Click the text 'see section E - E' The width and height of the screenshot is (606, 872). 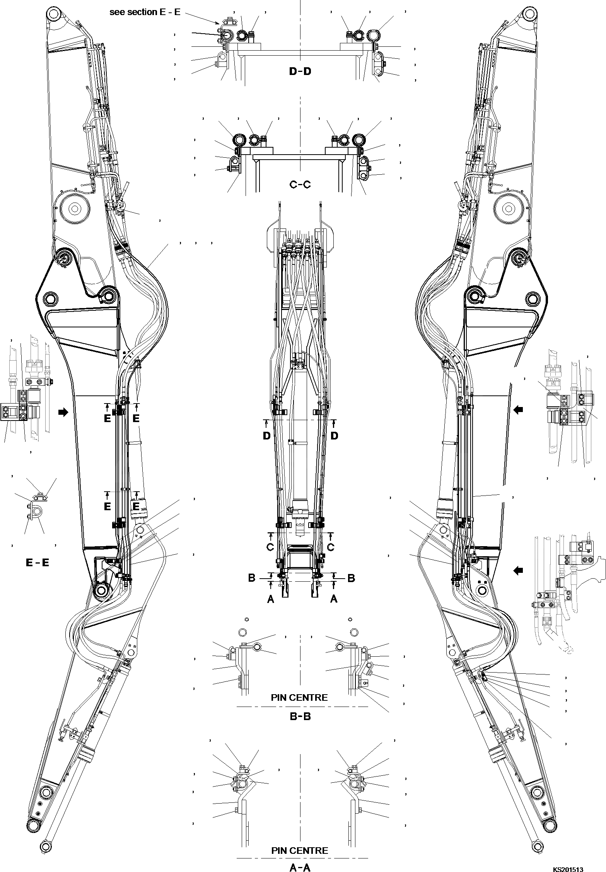coord(145,12)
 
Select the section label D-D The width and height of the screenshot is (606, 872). coord(300,71)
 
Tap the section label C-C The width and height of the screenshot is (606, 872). coord(300,184)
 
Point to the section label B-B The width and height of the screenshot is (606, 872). coord(300,716)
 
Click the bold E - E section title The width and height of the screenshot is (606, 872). coord(38,562)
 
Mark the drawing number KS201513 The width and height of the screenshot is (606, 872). coord(568,866)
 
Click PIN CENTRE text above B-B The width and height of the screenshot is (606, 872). coord(299,697)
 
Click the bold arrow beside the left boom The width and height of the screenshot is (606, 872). coord(62,412)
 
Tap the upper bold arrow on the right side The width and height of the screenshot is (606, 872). coord(519,409)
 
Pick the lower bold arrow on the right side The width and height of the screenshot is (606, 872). coord(519,570)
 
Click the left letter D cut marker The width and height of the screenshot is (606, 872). coord(266,436)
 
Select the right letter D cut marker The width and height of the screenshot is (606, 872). coord(334,436)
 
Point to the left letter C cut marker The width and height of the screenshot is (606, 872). coord(270,547)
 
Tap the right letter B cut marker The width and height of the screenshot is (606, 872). coord(351,578)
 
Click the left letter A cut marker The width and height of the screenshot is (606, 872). coord(271,599)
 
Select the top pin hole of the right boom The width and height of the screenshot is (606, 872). coord(529,16)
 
